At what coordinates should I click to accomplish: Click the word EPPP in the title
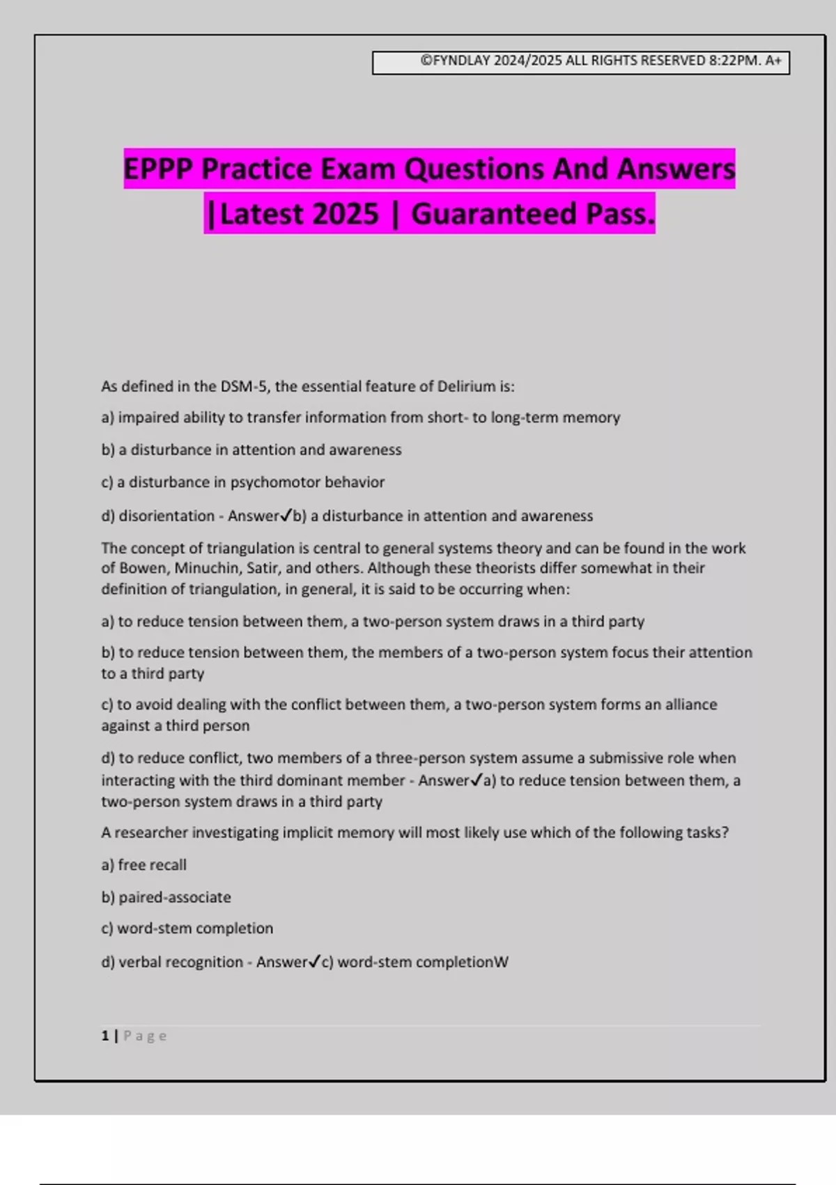(x=158, y=169)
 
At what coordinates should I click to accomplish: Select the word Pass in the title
(x=619, y=214)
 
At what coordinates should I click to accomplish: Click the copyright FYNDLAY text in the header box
(x=456, y=61)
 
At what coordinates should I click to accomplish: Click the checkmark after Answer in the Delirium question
(x=286, y=516)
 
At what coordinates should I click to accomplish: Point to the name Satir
(x=262, y=568)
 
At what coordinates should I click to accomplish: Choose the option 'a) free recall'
(x=144, y=865)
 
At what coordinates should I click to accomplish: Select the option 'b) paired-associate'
(x=167, y=898)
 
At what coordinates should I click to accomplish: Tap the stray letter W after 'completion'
(x=502, y=963)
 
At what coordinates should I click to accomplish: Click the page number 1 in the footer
(x=105, y=1036)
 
